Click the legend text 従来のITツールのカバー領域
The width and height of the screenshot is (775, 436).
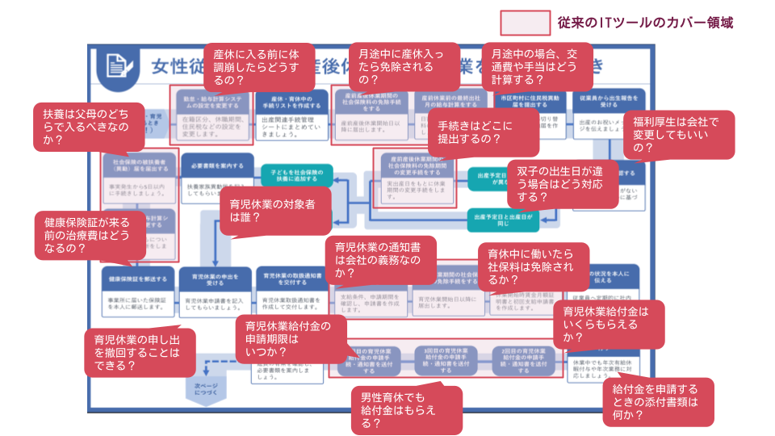(645, 23)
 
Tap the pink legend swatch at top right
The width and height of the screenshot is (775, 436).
(525, 23)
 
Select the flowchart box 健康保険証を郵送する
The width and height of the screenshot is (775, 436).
(139, 279)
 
